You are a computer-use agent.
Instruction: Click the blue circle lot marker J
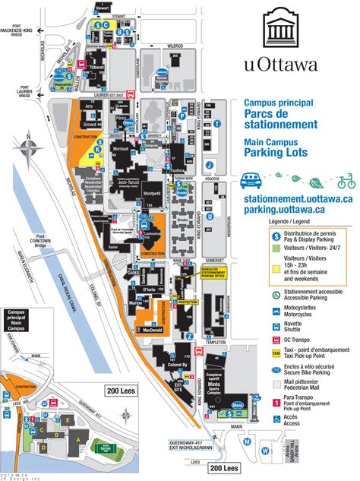point(209,162)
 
